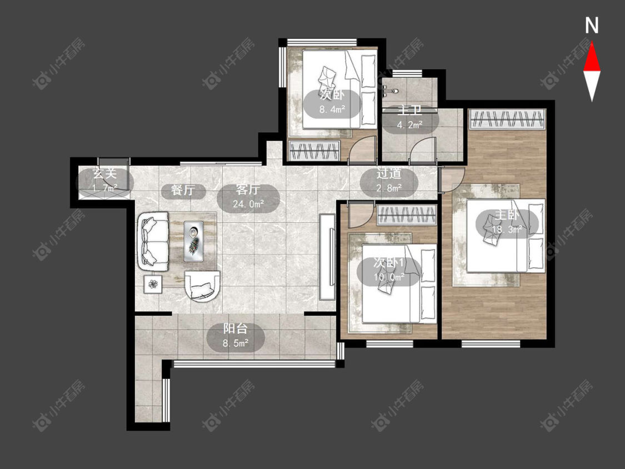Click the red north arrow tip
click(592, 42)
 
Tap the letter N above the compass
click(592, 26)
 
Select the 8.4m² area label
click(332, 109)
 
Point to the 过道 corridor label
click(389, 174)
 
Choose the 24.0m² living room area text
click(249, 204)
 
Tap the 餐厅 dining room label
click(183, 190)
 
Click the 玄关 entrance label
click(104, 174)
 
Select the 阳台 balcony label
click(236, 329)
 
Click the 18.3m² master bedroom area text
click(507, 229)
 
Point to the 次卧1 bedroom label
click(389, 263)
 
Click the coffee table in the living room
click(194, 241)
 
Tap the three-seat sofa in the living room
click(153, 242)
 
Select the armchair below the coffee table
click(202, 286)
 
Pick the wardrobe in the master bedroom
click(507, 119)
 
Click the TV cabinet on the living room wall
click(327, 257)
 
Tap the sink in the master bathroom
click(389, 91)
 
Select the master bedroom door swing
click(452, 180)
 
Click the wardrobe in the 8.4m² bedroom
click(314, 151)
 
